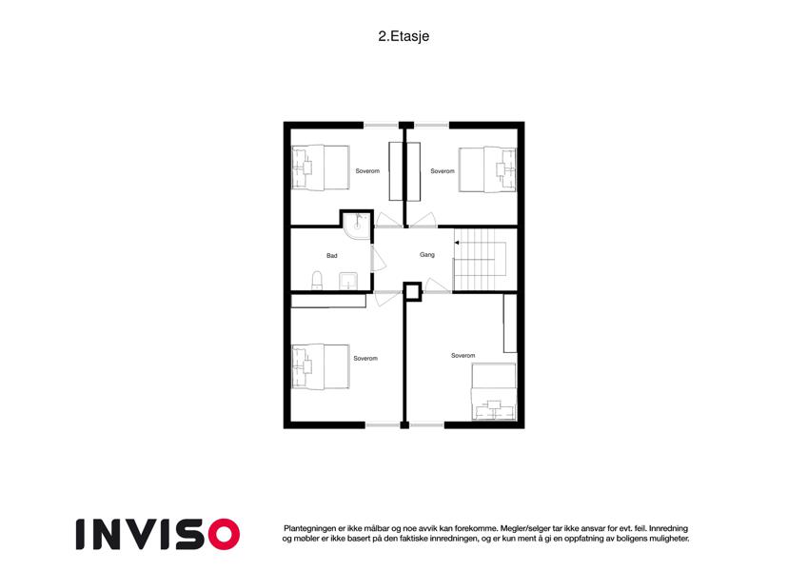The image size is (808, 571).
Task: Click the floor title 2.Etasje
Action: (404, 36)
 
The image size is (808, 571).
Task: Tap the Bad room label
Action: (332, 256)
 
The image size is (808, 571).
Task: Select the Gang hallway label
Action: (426, 255)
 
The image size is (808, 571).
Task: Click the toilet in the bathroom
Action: (317, 281)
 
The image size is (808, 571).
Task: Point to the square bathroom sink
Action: (349, 282)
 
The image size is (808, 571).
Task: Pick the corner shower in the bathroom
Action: (357, 226)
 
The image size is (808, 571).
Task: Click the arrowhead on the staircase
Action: (457, 243)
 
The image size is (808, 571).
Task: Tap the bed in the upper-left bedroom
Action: (321, 167)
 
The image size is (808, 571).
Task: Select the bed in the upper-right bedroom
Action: (487, 169)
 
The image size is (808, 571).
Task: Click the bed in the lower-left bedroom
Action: (321, 366)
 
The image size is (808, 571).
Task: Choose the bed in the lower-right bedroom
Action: (494, 392)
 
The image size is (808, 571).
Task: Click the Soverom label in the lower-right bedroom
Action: (463, 356)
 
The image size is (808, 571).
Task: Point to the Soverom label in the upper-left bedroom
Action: (367, 171)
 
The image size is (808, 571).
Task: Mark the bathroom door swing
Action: (379, 258)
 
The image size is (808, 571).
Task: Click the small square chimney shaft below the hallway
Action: (412, 291)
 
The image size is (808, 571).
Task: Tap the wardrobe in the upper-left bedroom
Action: (396, 171)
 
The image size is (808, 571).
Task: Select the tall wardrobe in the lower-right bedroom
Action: (510, 324)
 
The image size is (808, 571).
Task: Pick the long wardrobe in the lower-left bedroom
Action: (328, 301)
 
